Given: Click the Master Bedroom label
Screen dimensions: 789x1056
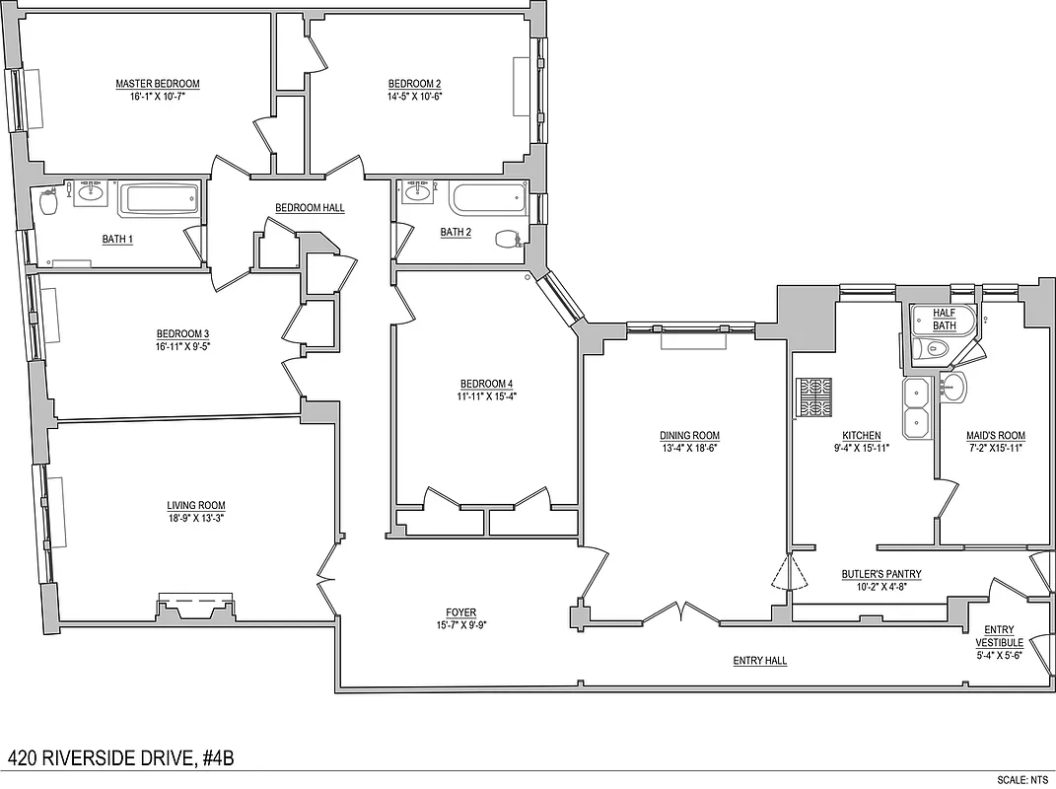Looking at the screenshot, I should (157, 84).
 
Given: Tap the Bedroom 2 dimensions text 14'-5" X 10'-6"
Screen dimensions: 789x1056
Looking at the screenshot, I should (413, 97).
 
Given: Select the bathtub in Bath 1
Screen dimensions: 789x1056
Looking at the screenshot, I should (159, 201).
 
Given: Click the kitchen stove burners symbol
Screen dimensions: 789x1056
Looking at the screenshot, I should (814, 397).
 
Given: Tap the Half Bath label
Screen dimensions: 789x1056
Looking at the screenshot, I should (944, 319).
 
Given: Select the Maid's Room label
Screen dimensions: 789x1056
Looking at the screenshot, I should (996, 436).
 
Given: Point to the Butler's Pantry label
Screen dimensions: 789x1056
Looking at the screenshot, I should (880, 574).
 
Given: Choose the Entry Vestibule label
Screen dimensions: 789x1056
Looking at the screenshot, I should (999, 636).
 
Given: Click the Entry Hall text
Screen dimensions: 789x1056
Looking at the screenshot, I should (759, 661).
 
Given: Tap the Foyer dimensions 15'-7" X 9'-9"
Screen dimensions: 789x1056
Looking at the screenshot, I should (460, 625).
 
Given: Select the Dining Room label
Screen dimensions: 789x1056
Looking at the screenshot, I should (689, 436).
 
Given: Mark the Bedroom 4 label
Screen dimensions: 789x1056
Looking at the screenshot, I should (486, 384).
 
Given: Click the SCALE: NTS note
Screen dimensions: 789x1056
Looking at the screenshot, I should (1025, 779).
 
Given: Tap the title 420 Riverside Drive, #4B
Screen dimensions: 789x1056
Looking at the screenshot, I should (121, 757).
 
